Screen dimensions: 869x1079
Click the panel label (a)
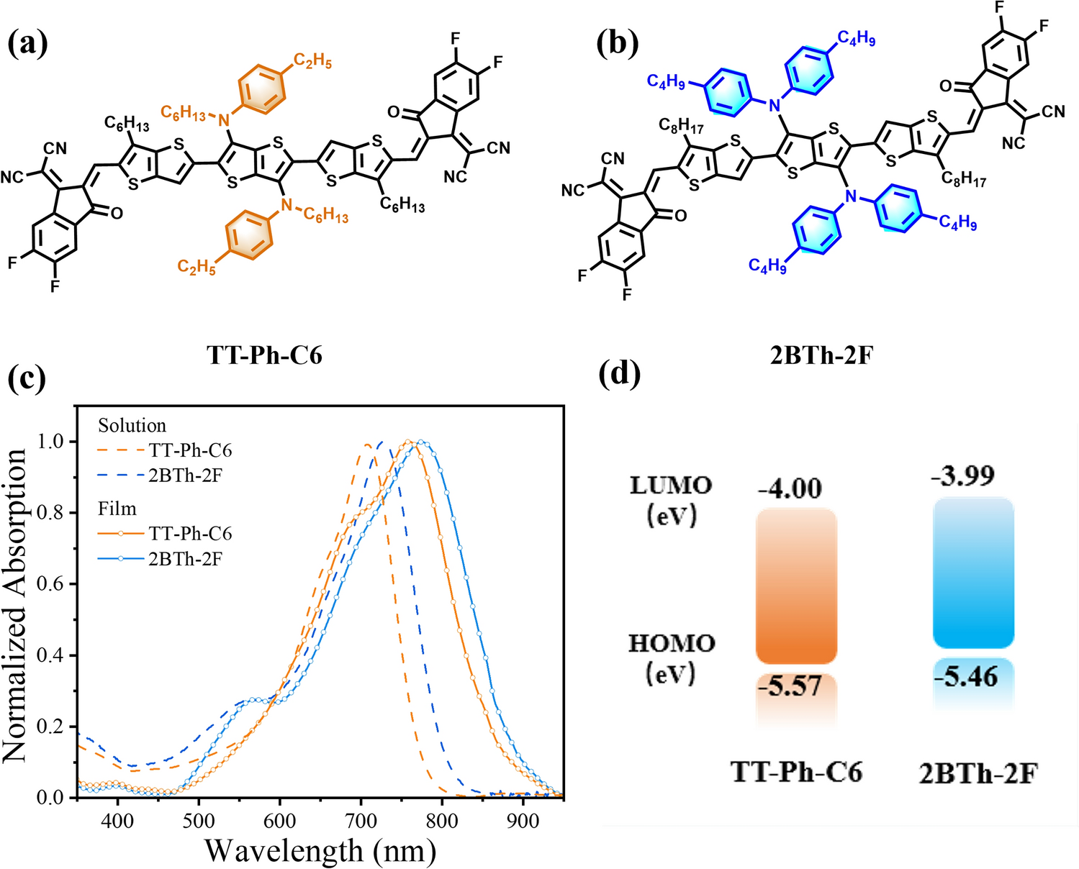click(x=27, y=45)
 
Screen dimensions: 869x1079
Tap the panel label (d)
click(x=619, y=373)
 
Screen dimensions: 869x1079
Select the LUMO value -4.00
click(x=790, y=489)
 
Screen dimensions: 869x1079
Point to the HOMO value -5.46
click(x=971, y=677)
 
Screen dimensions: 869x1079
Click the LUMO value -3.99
click(x=963, y=476)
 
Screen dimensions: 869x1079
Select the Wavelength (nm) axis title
click(x=320, y=850)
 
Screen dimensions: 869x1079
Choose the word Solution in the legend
click(x=132, y=426)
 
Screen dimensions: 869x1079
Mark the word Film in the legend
click(x=117, y=509)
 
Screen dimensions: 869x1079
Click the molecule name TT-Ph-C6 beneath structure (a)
click(x=264, y=355)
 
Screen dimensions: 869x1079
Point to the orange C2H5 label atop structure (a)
click(x=312, y=61)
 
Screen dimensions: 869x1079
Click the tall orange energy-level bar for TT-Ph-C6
click(x=796, y=586)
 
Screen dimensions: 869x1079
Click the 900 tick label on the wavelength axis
click(x=523, y=821)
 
